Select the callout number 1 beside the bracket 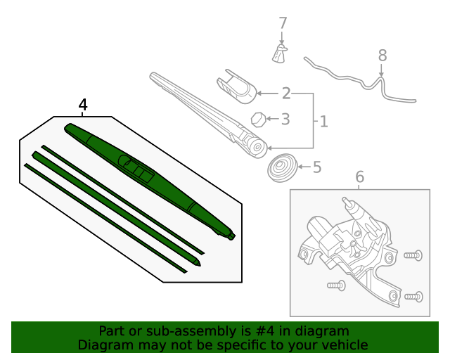pyautogui.click(x=323, y=122)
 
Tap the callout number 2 pyautogui.click(x=286, y=94)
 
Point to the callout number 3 pyautogui.click(x=285, y=120)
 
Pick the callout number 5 pyautogui.click(x=316, y=167)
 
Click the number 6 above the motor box pyautogui.click(x=360, y=177)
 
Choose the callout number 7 pyautogui.click(x=283, y=23)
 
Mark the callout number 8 pyautogui.click(x=382, y=55)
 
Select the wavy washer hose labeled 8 pyautogui.click(x=352, y=77)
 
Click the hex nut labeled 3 pyautogui.click(x=258, y=119)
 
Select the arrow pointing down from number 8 pyautogui.click(x=382, y=72)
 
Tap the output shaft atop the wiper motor pyautogui.click(x=347, y=203)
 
